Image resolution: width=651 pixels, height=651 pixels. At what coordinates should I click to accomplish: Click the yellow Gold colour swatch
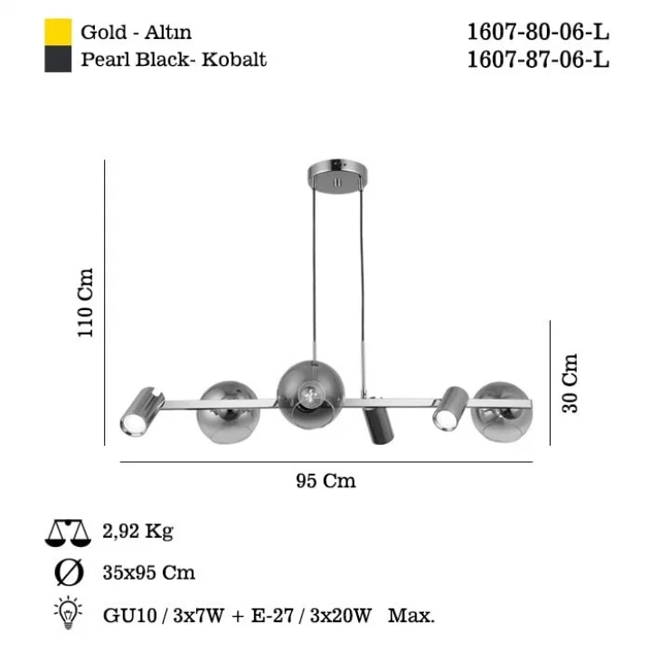point(58,32)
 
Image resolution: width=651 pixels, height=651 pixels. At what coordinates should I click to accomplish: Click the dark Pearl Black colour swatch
point(58,59)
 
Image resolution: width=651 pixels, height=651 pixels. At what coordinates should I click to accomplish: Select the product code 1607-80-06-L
point(538,32)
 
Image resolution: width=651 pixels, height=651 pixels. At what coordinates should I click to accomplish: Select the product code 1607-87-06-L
point(538,59)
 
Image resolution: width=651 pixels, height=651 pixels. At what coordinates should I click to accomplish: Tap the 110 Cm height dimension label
point(86,302)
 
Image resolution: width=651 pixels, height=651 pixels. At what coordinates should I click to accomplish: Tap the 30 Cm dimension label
point(570,382)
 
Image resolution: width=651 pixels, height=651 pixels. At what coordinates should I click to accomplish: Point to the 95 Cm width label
point(325,481)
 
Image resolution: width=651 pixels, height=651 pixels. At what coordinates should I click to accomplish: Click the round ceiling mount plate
point(337,175)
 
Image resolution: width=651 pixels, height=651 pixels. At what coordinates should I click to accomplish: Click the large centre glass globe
point(310,394)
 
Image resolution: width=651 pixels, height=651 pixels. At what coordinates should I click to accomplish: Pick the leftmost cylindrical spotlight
point(141,411)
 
